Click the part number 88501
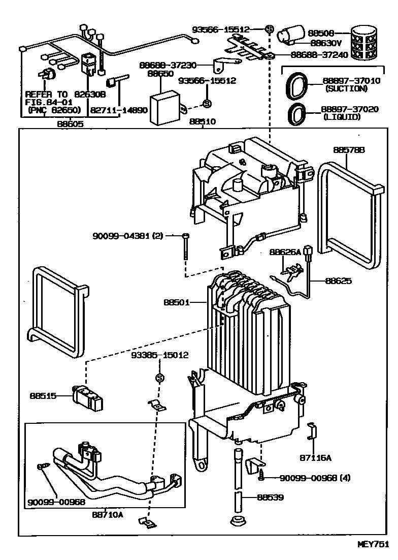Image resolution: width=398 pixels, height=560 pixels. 176,302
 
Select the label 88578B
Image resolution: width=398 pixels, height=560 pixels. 349,150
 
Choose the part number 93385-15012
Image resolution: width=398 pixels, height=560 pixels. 159,355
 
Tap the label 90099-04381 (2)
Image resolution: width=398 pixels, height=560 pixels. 127,236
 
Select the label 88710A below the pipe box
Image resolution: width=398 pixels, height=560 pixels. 107,514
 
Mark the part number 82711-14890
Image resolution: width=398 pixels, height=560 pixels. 119,110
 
